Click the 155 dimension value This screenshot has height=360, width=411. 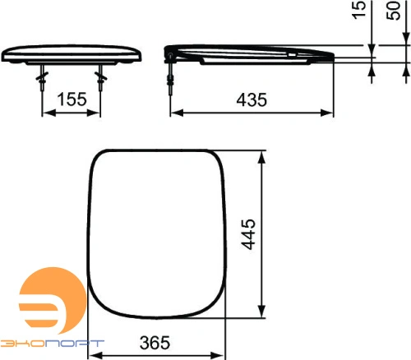pos(72,100)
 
